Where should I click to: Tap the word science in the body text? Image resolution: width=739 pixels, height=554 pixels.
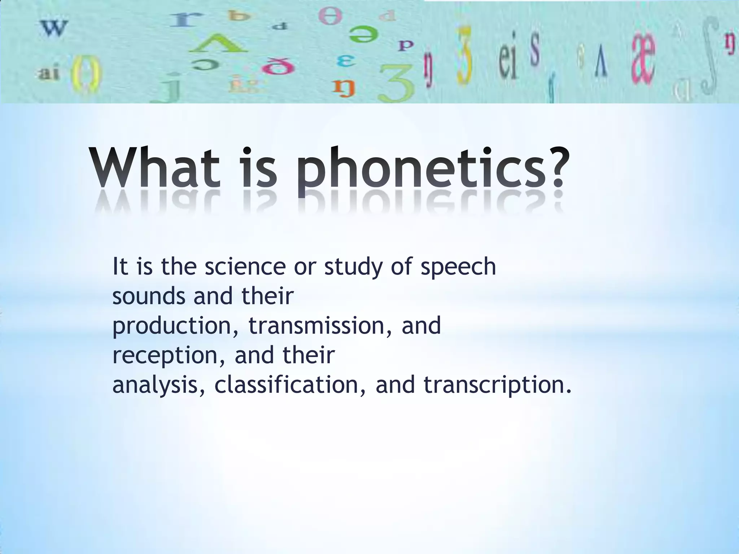(245, 267)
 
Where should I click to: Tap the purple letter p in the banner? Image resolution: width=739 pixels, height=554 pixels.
(406, 46)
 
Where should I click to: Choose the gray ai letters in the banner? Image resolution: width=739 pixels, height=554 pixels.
(49, 74)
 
